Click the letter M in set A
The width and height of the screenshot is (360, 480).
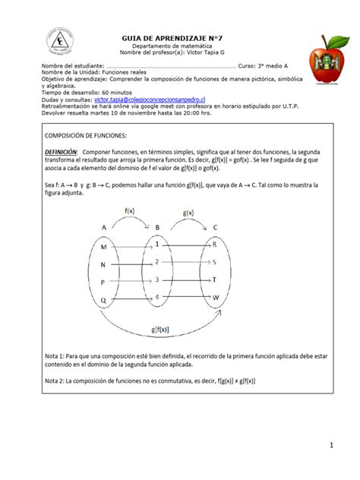pyautogui.click(x=103, y=246)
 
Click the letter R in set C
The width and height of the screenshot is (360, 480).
pyautogui.click(x=215, y=245)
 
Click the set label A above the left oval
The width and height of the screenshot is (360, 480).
pyautogui.click(x=103, y=226)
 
